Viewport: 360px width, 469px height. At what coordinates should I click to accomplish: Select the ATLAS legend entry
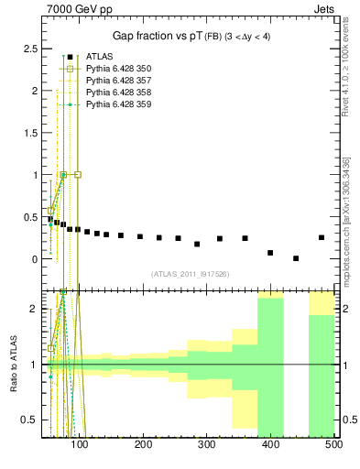tap(100, 57)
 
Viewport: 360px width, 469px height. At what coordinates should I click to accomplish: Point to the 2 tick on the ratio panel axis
tap(36, 309)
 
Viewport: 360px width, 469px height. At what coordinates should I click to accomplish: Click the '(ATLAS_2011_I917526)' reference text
tap(190, 274)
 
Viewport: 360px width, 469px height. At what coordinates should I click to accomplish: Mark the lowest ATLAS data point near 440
tap(296, 258)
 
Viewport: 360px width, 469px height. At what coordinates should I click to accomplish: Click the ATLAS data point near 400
tap(270, 252)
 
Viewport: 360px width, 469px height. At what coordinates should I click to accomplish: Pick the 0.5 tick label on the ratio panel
tap(32, 420)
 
